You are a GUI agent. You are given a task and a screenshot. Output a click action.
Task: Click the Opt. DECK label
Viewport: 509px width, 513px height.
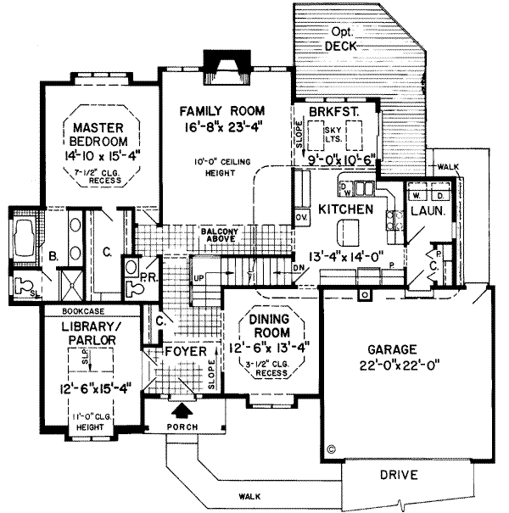click(343, 38)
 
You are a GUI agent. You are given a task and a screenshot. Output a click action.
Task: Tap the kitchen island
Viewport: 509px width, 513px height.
click(346, 230)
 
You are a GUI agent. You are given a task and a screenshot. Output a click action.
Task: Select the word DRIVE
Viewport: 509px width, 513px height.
click(398, 475)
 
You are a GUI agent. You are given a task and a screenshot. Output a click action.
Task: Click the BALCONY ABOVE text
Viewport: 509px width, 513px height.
click(225, 235)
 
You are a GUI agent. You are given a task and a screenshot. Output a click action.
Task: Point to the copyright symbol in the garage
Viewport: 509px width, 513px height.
click(332, 450)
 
